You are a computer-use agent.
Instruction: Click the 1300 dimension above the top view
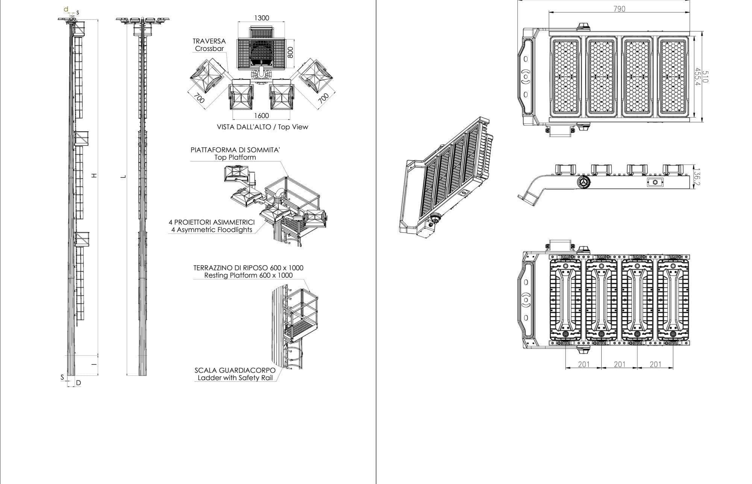[262, 18]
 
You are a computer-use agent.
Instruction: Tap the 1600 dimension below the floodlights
[262, 116]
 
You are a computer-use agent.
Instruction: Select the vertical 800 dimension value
[290, 52]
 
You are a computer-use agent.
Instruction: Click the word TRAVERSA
[209, 41]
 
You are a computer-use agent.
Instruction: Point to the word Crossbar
[209, 49]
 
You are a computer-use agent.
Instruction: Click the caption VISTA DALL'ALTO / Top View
[262, 127]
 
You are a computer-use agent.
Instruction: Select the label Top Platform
[235, 157]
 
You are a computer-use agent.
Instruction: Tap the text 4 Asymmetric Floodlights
[212, 230]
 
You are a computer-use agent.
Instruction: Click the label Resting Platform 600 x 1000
[248, 275]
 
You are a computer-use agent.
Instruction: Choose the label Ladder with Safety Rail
[235, 378]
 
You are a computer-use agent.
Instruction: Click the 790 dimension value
[619, 9]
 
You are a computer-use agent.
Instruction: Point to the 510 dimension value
[705, 77]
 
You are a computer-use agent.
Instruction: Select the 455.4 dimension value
[698, 77]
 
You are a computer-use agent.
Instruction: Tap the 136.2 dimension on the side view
[697, 176]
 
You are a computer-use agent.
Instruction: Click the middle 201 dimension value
[619, 364]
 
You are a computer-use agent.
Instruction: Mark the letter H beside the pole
[94, 175]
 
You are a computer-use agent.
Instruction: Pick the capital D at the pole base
[79, 383]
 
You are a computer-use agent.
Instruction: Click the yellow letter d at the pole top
[66, 9]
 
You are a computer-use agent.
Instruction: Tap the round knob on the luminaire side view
[584, 182]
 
